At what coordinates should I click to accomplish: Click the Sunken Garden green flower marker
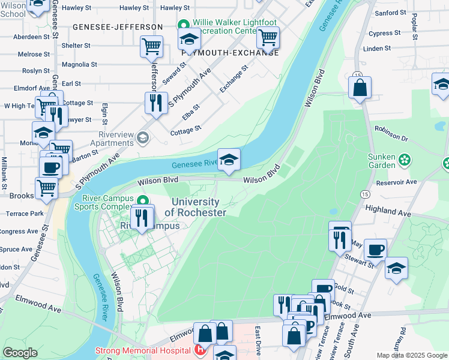(405, 160)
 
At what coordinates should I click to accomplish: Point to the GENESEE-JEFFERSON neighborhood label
(118, 27)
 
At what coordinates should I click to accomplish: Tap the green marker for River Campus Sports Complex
(142, 200)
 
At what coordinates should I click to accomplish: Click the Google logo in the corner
(20, 353)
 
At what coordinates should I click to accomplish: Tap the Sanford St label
(390, 13)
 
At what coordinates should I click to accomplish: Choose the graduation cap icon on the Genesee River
(229, 160)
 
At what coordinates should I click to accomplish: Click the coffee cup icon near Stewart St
(375, 249)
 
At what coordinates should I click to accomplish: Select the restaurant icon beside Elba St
(155, 103)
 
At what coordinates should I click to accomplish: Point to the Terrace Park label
(25, 214)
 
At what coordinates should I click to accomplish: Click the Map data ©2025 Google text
(411, 355)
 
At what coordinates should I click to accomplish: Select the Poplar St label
(415, 27)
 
